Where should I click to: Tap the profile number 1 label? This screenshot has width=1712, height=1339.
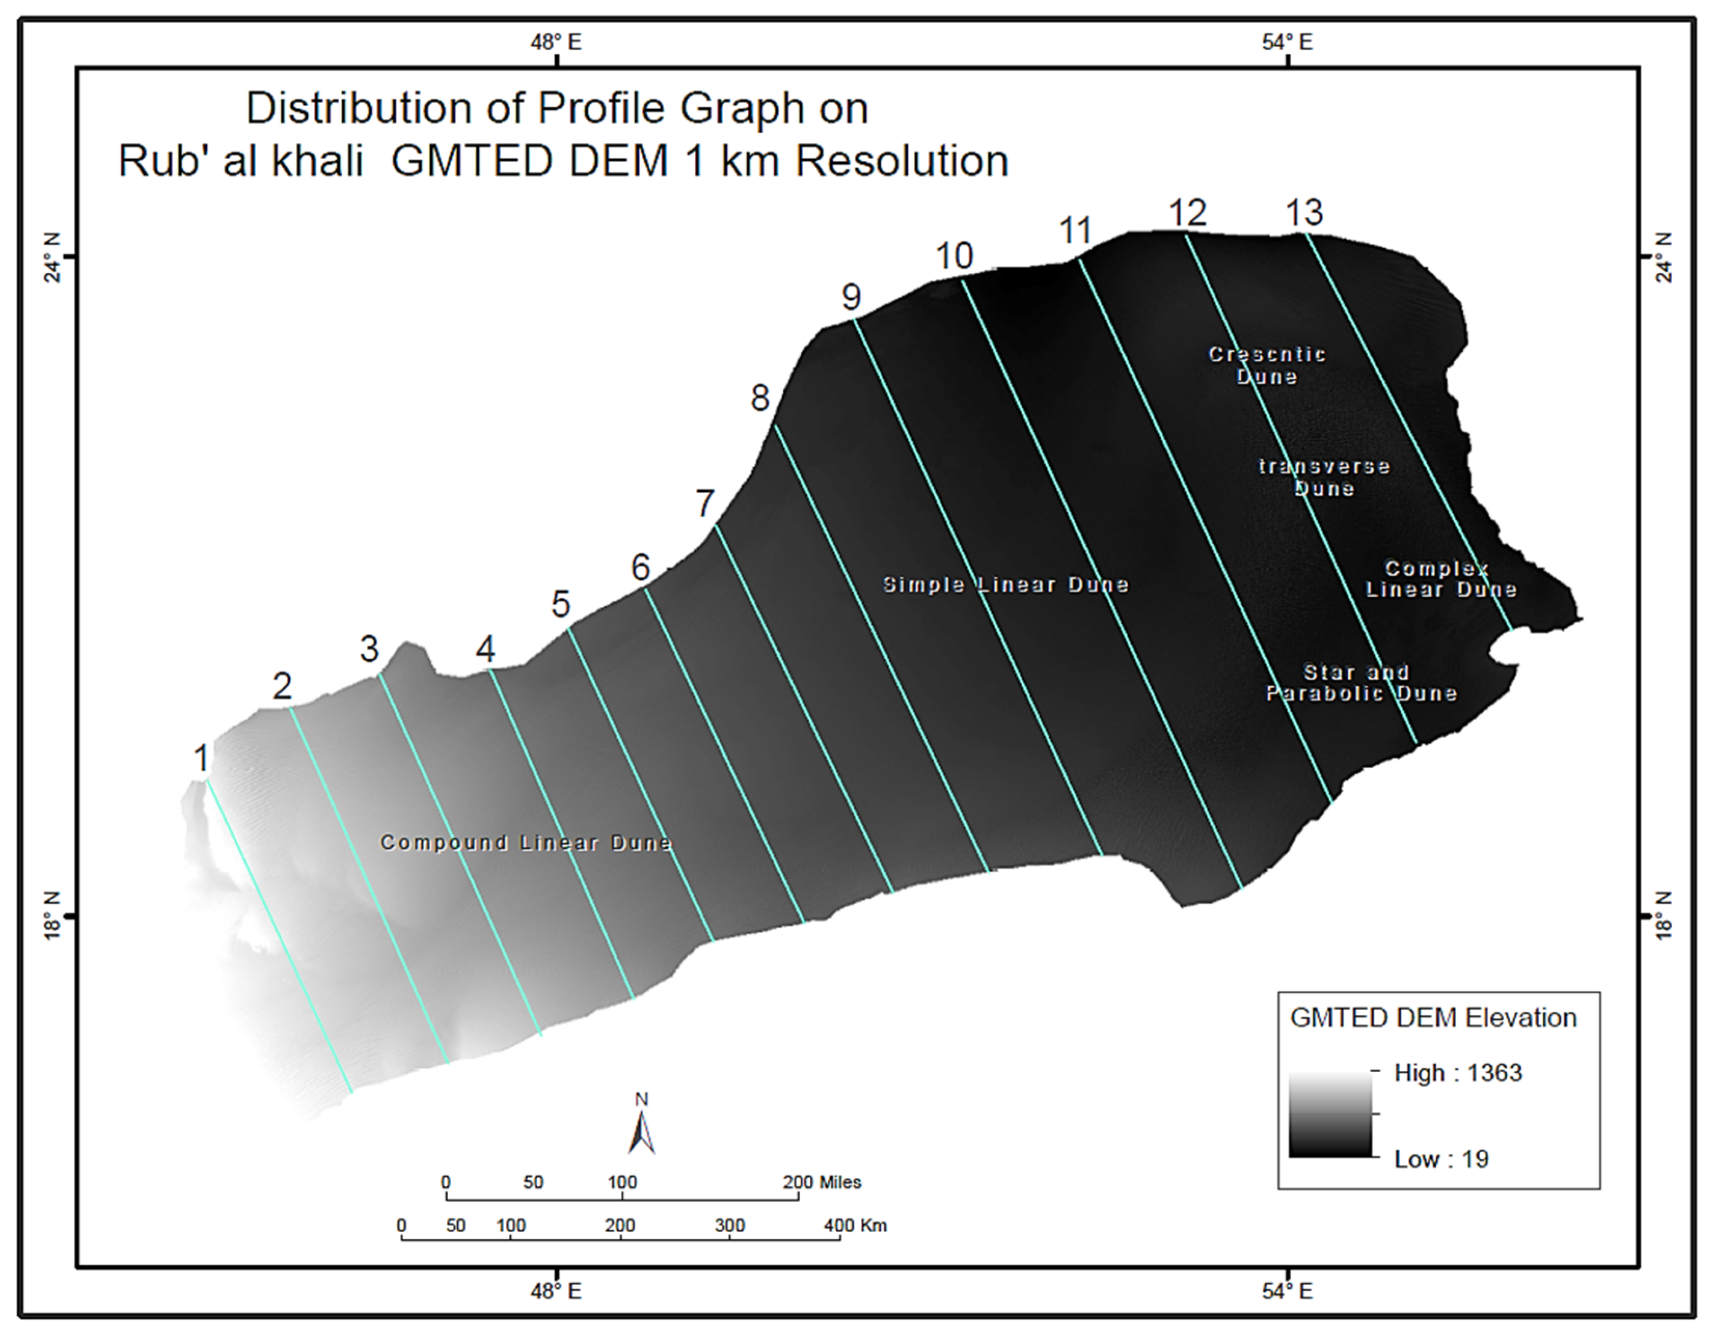(201, 758)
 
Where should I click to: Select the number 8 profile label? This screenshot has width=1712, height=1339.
(759, 398)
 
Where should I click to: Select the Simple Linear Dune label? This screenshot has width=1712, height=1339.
(1005, 585)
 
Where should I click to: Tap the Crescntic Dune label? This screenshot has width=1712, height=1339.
(1267, 365)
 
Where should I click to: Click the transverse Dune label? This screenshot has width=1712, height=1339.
(1324, 478)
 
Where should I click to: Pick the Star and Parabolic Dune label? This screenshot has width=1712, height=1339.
(1362, 683)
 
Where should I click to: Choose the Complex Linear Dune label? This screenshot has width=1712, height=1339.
(1441, 579)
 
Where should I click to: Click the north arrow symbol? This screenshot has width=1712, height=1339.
(641, 1127)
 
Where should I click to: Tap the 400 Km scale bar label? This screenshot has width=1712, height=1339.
(854, 1225)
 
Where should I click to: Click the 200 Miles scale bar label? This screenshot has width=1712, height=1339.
(821, 1182)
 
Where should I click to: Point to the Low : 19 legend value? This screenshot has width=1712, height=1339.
(1441, 1159)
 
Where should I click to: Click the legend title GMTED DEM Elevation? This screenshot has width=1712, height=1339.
(1433, 1017)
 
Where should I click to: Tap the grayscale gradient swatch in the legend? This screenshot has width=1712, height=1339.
(1330, 1114)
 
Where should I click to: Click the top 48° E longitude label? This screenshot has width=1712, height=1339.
(556, 42)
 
